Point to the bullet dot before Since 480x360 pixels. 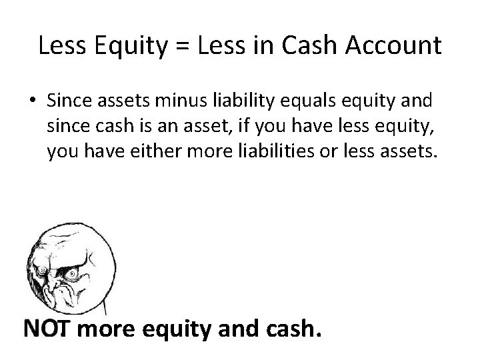32,100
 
